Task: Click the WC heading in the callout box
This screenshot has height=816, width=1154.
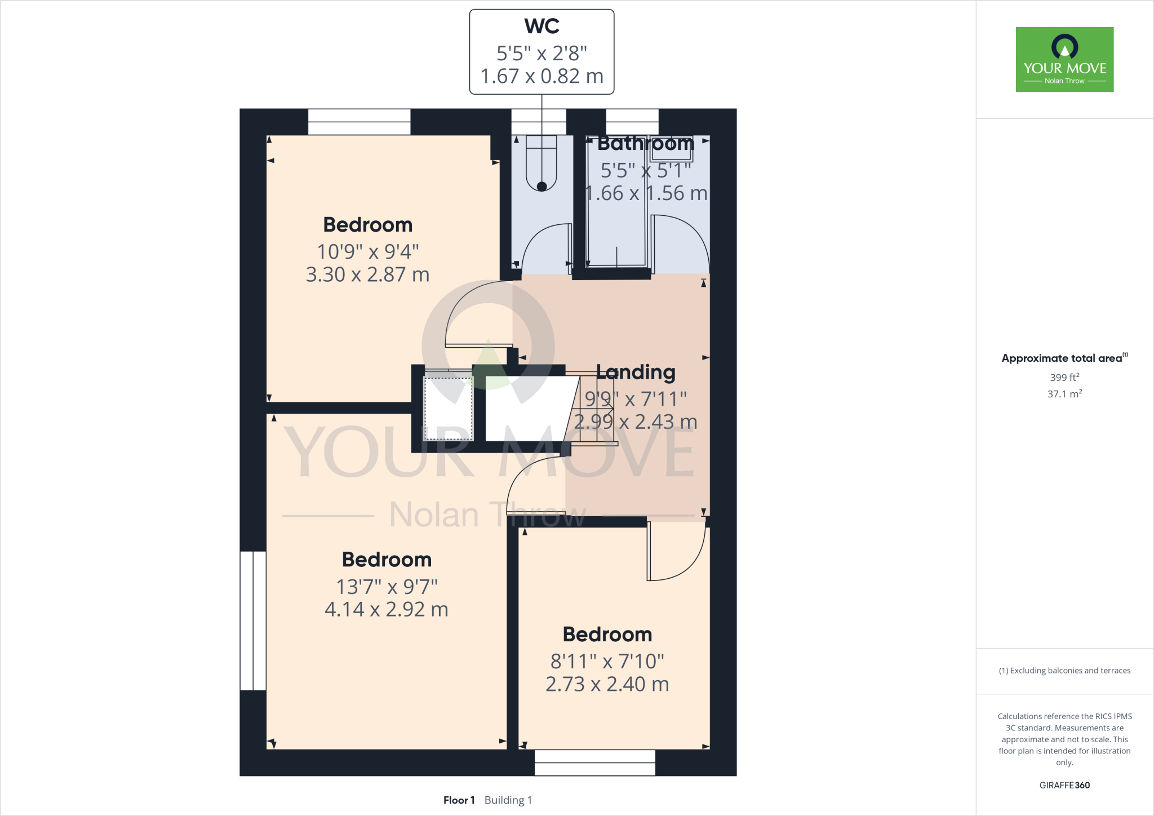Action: click(542, 26)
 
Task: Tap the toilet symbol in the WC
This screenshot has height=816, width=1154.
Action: click(542, 163)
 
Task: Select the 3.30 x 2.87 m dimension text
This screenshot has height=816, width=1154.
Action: click(367, 274)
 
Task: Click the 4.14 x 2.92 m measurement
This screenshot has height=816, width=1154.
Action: click(386, 609)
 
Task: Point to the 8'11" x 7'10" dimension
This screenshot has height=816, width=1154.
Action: click(607, 661)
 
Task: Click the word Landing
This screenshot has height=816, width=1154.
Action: click(636, 372)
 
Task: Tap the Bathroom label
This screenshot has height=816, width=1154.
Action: click(645, 144)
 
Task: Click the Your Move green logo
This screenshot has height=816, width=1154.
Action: click(1064, 59)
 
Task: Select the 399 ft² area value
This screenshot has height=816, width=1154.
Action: click(1064, 377)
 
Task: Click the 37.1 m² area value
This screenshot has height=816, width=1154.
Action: click(1064, 394)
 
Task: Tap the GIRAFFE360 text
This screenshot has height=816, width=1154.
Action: click(1064, 785)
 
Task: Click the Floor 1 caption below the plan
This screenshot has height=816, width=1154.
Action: click(459, 800)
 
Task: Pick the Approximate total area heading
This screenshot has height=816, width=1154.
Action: click(1062, 358)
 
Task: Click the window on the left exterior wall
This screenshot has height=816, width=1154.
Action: click(252, 620)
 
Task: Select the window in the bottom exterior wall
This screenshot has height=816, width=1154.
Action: click(594, 762)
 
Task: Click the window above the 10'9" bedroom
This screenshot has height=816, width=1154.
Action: click(359, 122)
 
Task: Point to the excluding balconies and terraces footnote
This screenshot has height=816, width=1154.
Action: click(1064, 671)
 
